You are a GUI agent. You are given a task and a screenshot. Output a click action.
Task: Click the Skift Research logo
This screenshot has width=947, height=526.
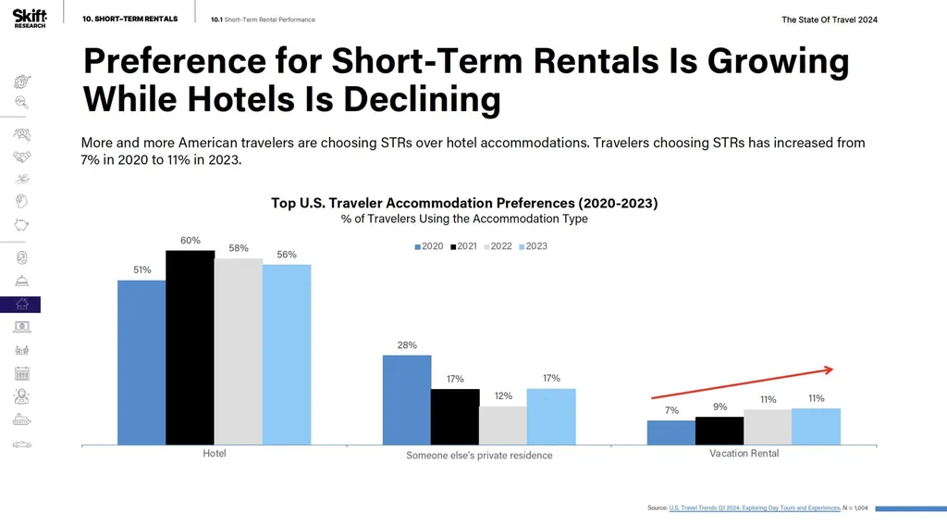tap(23, 19)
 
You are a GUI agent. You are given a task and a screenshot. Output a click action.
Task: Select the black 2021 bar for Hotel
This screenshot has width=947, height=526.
tap(190, 347)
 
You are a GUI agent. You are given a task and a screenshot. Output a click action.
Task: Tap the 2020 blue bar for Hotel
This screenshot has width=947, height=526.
tap(141, 362)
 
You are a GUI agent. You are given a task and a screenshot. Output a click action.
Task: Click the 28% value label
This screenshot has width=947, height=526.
tap(407, 345)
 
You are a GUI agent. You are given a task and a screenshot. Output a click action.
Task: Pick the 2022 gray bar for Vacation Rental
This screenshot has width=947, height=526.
tap(768, 427)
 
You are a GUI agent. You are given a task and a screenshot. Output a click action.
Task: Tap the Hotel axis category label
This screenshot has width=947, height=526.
tap(215, 454)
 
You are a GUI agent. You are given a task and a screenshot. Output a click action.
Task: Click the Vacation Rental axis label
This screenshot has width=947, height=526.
tap(744, 454)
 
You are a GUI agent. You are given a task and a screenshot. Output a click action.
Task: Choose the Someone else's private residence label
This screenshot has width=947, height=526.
tap(479, 455)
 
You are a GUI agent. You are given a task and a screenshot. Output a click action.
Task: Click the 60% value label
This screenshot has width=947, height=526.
tap(191, 241)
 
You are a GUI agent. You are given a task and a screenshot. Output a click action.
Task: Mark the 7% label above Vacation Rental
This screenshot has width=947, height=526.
tap(671, 410)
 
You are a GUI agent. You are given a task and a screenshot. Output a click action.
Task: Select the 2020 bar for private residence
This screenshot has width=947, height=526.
tap(407, 400)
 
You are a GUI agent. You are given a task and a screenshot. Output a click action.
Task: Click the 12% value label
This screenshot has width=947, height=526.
tap(503, 396)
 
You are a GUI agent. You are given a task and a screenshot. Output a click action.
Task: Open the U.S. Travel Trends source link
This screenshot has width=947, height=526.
tap(753, 508)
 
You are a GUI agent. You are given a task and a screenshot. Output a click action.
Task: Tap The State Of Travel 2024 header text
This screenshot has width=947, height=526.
tap(830, 19)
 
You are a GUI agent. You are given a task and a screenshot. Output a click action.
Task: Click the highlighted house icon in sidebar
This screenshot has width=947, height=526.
tap(21, 305)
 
